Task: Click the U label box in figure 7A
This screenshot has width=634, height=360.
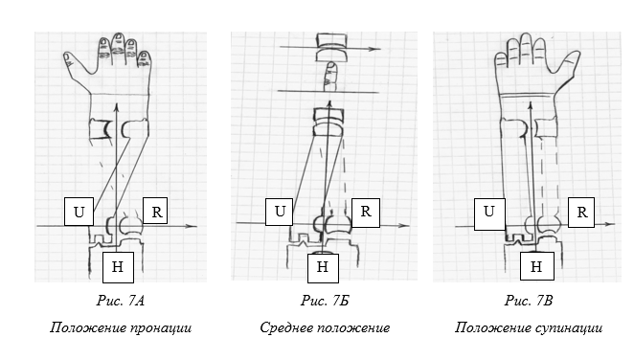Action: click(x=79, y=212)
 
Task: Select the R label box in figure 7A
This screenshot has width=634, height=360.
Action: click(x=155, y=211)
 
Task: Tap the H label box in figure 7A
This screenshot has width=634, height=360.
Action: click(x=118, y=267)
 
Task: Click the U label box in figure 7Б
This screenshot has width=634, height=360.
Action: click(x=279, y=212)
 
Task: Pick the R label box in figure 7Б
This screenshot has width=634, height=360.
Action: click(x=366, y=213)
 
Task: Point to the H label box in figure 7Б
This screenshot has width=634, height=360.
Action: click(x=323, y=267)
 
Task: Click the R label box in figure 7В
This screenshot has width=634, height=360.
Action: click(x=581, y=213)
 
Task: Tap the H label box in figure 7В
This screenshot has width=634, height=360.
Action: click(x=537, y=266)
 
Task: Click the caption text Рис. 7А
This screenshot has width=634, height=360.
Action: click(x=120, y=301)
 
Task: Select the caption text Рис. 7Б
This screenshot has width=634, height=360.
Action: click(x=325, y=301)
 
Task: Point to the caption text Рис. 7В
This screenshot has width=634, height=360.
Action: click(x=529, y=301)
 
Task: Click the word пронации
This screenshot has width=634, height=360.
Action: click(x=161, y=327)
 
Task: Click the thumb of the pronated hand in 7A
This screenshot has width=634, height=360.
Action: click(x=70, y=60)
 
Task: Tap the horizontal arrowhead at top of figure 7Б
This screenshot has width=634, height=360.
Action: click(x=375, y=49)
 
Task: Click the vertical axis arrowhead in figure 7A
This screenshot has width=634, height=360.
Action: click(x=117, y=107)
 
